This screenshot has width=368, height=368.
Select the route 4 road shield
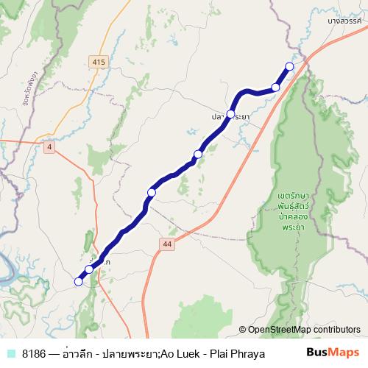tap(49, 147)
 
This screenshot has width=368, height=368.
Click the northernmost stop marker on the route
tap(289, 67)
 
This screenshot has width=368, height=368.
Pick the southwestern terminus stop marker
tap(78, 280)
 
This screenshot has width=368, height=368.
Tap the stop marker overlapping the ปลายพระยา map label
tap(230, 114)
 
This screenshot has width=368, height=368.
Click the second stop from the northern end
tap(276, 88)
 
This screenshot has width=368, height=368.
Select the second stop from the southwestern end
tap(89, 269)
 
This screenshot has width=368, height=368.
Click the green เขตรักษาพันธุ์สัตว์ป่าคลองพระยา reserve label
tap(283, 212)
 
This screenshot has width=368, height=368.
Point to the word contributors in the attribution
tap(336, 330)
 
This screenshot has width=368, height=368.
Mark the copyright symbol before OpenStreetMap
tap(242, 330)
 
